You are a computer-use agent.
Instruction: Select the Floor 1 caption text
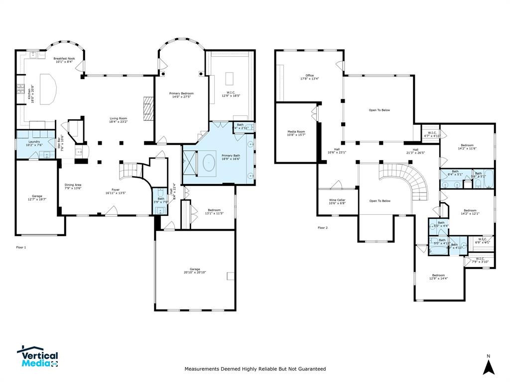pos(21,247)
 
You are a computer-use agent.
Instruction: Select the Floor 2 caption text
pos(323,228)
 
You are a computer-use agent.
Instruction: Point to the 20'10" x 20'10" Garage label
pos(195,271)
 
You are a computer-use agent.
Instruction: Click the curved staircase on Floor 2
pos(408,179)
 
